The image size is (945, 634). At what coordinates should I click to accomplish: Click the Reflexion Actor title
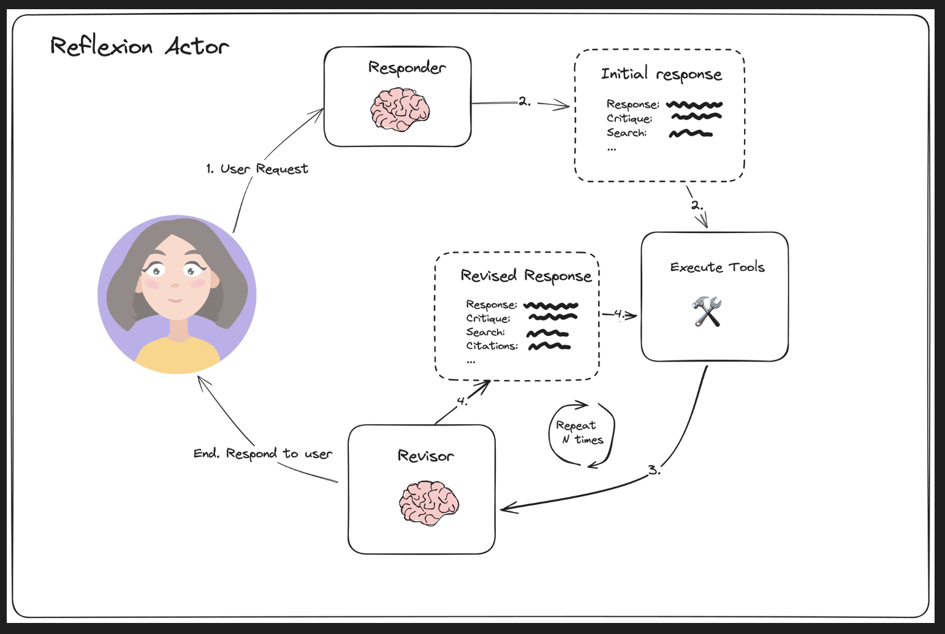[x=140, y=46]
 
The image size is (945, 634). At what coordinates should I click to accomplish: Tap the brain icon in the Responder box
[x=400, y=110]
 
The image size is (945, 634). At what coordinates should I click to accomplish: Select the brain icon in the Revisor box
[x=428, y=503]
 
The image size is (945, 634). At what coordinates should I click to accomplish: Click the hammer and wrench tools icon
[x=707, y=311]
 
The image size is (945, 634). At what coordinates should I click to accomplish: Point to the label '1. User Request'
[x=257, y=169]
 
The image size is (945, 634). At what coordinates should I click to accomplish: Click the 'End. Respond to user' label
[x=263, y=454]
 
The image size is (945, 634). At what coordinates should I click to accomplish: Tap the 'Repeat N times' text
[x=580, y=432]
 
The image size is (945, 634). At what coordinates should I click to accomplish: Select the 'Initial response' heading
[x=661, y=74]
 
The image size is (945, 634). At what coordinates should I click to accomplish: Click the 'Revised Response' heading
[x=526, y=276]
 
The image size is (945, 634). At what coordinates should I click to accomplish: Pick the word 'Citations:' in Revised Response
[x=492, y=346]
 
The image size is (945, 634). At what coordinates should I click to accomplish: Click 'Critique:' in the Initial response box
[x=629, y=118]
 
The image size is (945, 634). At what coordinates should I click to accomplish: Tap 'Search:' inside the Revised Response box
[x=485, y=332]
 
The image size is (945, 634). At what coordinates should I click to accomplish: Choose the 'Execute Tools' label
[x=717, y=267]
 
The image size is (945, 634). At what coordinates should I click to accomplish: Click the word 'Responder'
[x=407, y=67]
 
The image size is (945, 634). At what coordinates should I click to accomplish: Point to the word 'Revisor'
[x=426, y=456]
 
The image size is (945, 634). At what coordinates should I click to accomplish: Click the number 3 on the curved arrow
[x=653, y=470]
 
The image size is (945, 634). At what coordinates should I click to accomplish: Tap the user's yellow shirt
[x=177, y=354]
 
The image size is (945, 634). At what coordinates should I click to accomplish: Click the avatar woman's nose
[x=175, y=285]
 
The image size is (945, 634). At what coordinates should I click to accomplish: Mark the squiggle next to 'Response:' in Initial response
[x=694, y=104]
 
